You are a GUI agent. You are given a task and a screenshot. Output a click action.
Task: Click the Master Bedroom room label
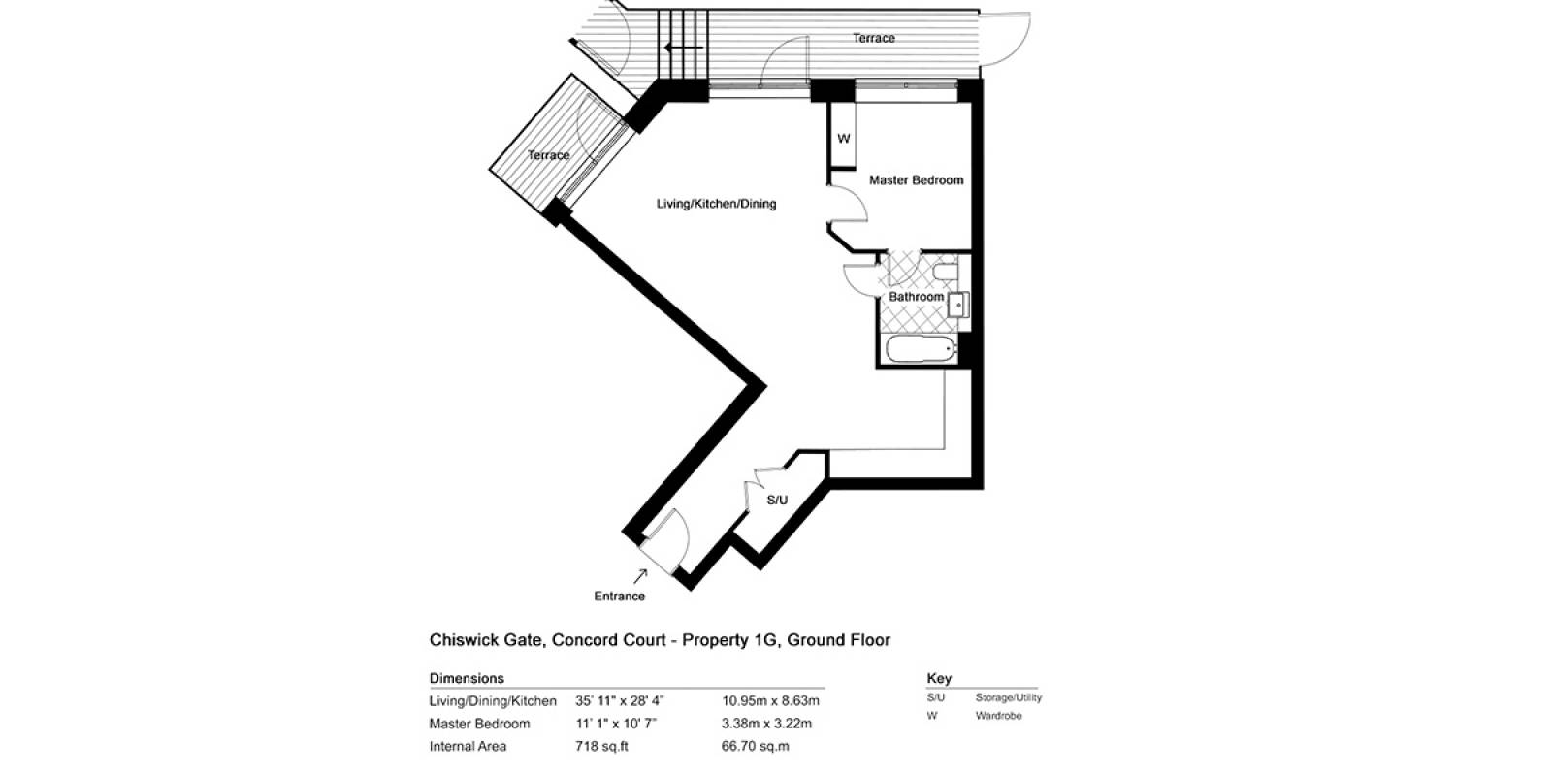(x=916, y=180)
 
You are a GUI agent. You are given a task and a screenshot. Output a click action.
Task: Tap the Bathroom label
(x=916, y=297)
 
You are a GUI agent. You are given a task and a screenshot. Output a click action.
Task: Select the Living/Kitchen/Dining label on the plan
(x=717, y=204)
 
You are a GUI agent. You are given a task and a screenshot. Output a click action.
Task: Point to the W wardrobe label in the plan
(x=843, y=139)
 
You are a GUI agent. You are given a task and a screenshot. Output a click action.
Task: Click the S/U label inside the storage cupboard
(x=777, y=500)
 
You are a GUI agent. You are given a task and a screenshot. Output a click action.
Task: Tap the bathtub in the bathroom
(x=921, y=349)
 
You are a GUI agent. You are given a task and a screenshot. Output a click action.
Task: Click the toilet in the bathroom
(x=945, y=271)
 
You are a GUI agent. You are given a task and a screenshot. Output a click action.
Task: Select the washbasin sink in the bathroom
(x=958, y=305)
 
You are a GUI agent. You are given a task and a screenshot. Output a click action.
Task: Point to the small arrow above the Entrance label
(x=640, y=576)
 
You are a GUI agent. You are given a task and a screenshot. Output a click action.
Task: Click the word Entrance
(x=620, y=596)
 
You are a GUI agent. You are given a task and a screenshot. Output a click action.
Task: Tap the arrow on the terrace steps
(x=683, y=48)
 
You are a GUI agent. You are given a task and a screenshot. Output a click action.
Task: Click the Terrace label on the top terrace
(x=874, y=38)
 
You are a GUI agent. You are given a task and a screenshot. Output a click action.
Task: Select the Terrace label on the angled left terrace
(x=548, y=155)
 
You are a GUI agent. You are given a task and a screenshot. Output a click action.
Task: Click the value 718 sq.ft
(x=601, y=746)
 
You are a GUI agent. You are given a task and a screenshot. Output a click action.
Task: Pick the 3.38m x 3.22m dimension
(x=766, y=724)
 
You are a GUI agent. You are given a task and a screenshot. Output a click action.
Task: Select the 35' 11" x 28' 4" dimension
(x=620, y=700)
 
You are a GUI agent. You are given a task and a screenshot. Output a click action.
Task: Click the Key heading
(x=939, y=678)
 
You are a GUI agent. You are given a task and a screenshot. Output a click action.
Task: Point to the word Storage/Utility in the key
(x=1008, y=697)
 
